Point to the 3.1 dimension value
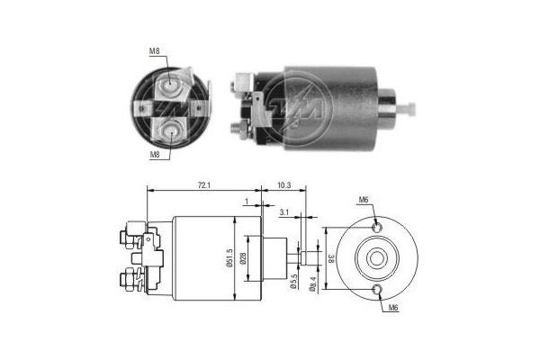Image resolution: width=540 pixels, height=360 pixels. tap(283, 211)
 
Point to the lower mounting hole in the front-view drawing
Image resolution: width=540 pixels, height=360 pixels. tap(376, 289)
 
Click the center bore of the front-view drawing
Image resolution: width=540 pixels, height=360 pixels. tap(375, 257)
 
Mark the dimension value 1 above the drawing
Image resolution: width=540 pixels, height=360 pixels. tap(244, 202)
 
